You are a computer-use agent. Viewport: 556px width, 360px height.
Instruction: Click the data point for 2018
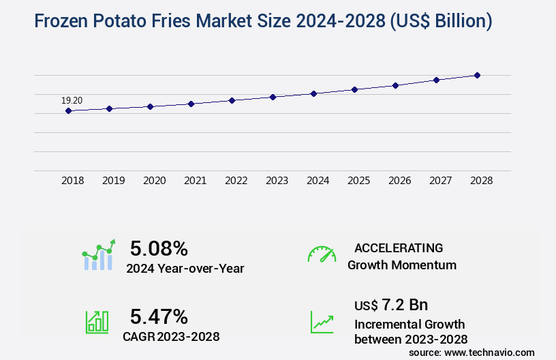[x=68, y=110]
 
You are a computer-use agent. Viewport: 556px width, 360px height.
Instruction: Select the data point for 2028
[x=477, y=75]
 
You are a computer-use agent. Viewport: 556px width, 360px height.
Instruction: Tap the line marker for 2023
[x=273, y=97]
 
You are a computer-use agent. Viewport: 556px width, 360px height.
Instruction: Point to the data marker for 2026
[x=395, y=85]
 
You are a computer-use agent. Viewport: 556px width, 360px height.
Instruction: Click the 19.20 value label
[x=72, y=101]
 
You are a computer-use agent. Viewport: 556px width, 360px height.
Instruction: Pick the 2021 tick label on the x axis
[x=195, y=181]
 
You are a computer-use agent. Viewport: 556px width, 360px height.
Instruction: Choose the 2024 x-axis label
[x=318, y=181]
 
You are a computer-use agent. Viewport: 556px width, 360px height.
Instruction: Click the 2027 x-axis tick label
[x=440, y=181]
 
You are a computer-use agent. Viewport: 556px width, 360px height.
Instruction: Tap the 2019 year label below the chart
[x=113, y=181]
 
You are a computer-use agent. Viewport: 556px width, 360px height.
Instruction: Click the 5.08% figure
[x=159, y=248]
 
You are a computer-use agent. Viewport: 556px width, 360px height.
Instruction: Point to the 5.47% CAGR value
[x=159, y=316]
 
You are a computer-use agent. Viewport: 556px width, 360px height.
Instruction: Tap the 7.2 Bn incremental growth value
[x=405, y=304]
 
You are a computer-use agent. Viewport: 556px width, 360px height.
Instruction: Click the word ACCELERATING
[x=399, y=247]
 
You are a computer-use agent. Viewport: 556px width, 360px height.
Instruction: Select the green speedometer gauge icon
[x=322, y=254]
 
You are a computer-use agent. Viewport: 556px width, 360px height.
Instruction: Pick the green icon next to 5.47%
[x=97, y=322]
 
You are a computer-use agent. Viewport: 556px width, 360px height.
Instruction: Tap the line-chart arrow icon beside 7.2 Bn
[x=322, y=322]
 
